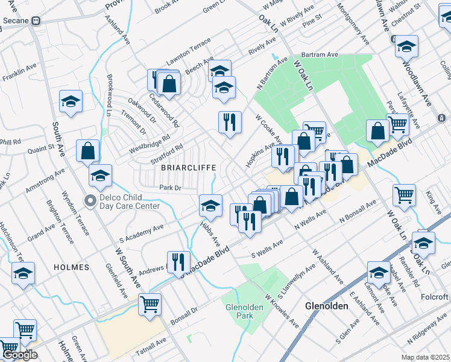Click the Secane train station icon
tap(36, 20)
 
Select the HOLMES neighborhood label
tap(71, 267)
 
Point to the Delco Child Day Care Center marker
tap(91, 201)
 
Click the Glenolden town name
tap(327, 306)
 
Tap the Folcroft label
tap(435, 297)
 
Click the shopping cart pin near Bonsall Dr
tap(150, 303)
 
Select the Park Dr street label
tap(170, 188)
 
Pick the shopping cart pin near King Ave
tap(404, 195)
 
